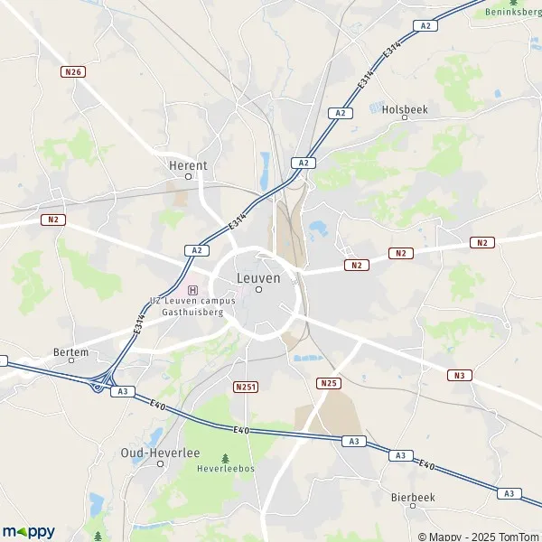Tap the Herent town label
pyautogui.click(x=188, y=165)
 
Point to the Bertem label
pyautogui.click(x=71, y=352)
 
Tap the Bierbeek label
pyautogui.click(x=414, y=496)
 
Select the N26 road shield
pyautogui.click(x=73, y=71)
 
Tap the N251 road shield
pyautogui.click(x=245, y=387)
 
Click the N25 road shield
pyautogui.click(x=329, y=383)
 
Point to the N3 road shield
pyautogui.click(x=460, y=375)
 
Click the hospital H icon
pyautogui.click(x=192, y=289)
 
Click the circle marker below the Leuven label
pyautogui.click(x=258, y=290)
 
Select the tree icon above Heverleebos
pyautogui.click(x=226, y=459)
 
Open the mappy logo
pyautogui.click(x=29, y=531)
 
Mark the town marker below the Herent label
pyautogui.click(x=188, y=177)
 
